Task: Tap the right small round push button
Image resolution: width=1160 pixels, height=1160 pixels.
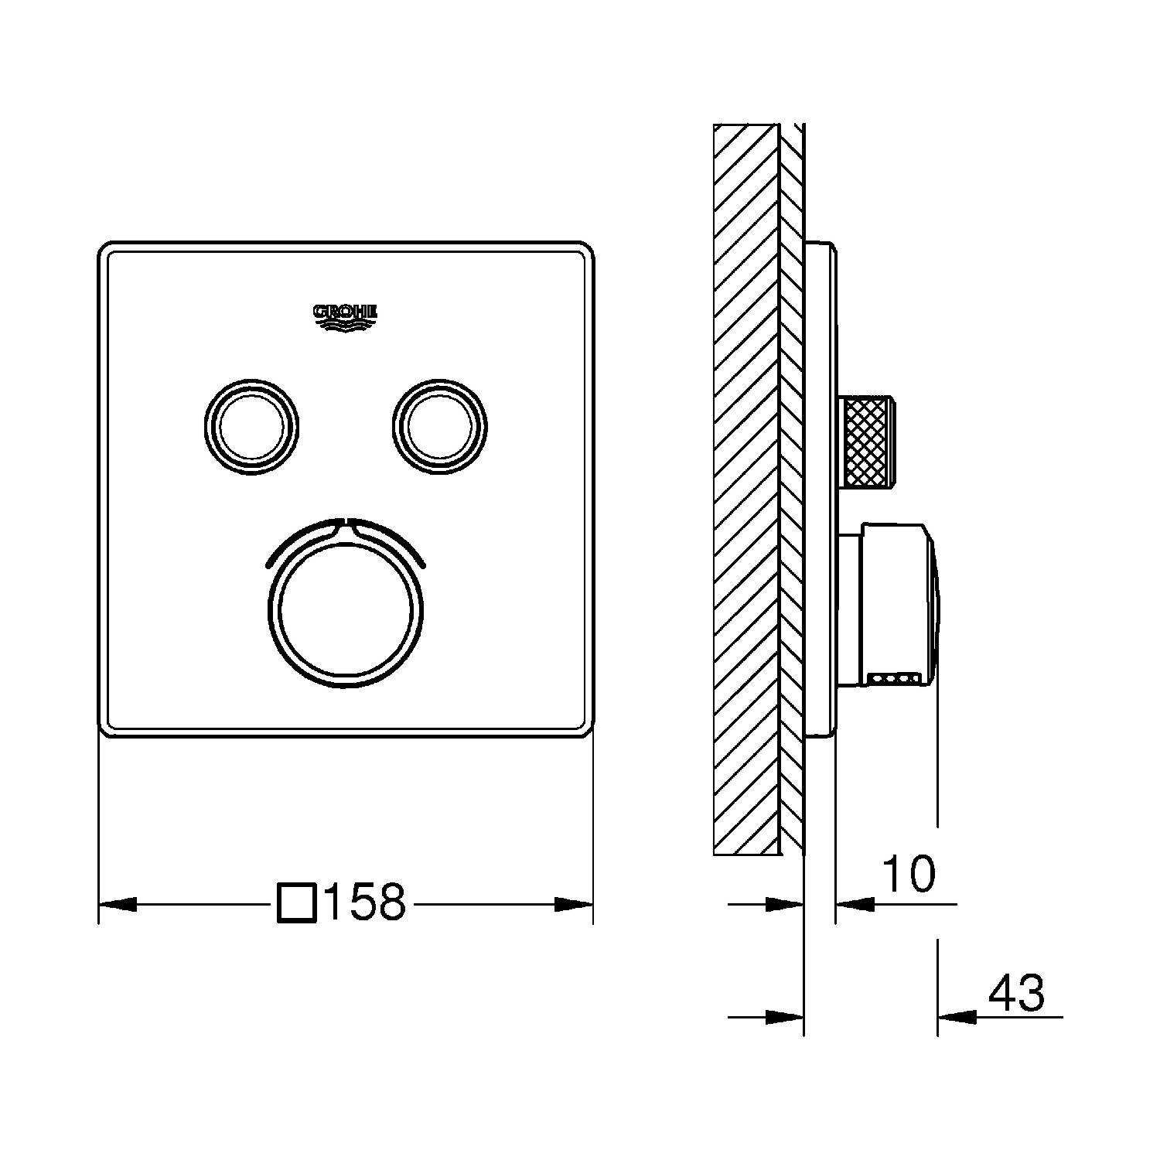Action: (x=440, y=425)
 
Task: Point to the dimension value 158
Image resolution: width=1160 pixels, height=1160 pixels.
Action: (x=366, y=902)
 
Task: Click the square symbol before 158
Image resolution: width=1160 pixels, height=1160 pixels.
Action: (x=297, y=902)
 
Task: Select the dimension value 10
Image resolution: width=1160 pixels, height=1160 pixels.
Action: (x=909, y=874)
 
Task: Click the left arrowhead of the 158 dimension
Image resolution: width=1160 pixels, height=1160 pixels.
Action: (x=118, y=903)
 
